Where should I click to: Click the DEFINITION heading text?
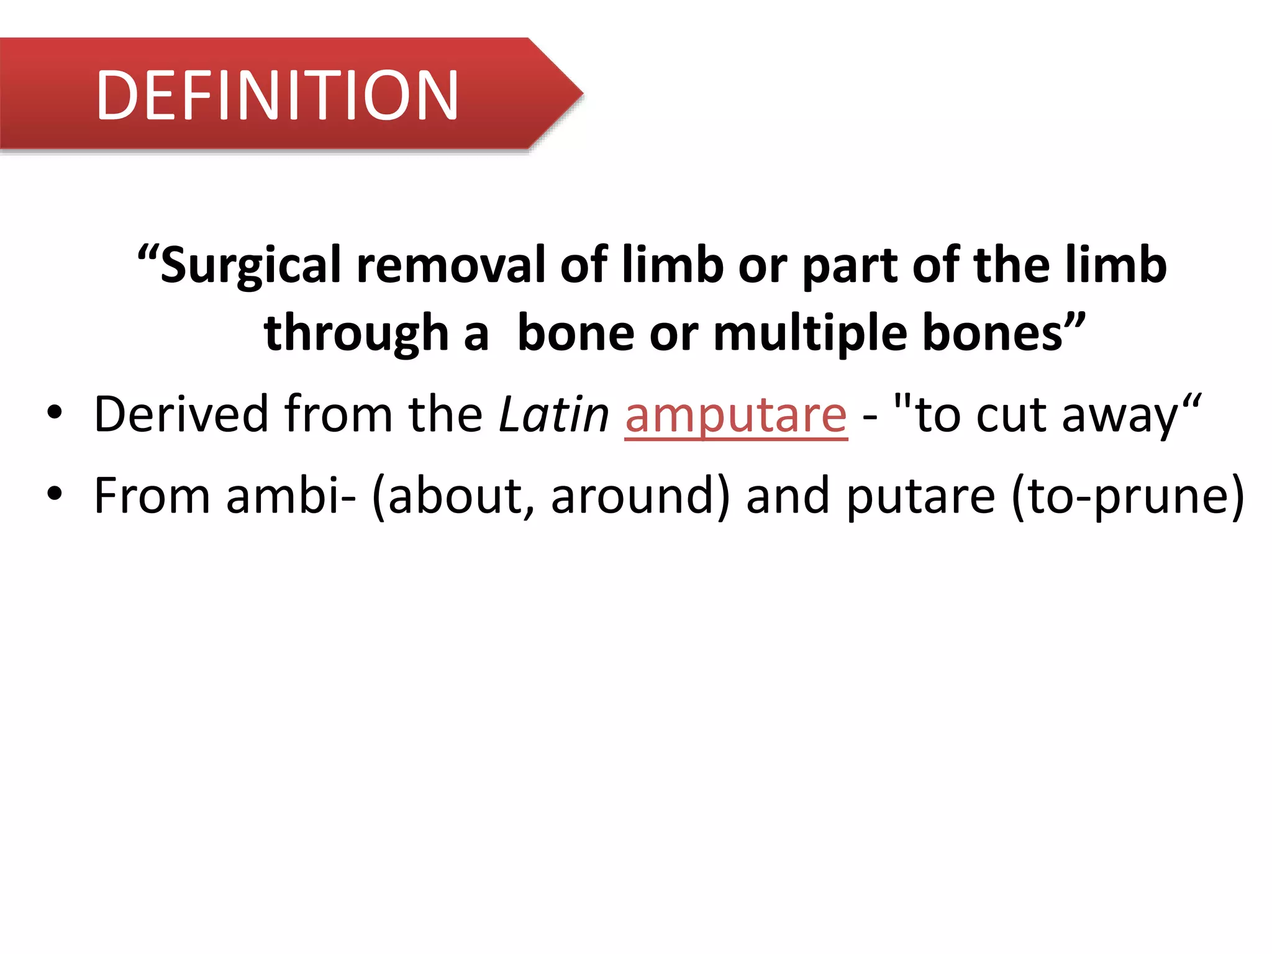[277, 95]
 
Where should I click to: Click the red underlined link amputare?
[735, 415]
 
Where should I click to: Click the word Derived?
[180, 415]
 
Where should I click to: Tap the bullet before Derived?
[55, 413]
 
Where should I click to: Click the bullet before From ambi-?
[55, 494]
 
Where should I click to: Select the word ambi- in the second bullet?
[291, 496]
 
